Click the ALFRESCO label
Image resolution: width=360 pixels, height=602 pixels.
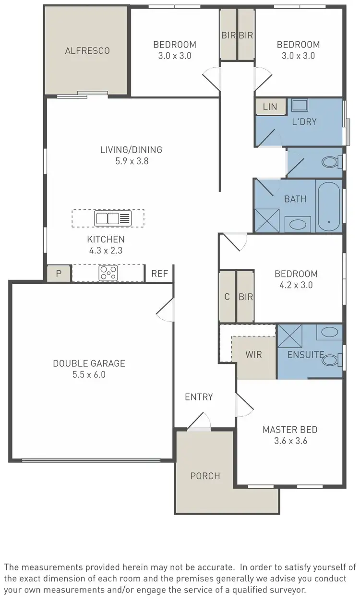click(x=87, y=50)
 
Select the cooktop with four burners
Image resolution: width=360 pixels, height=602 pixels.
click(x=108, y=273)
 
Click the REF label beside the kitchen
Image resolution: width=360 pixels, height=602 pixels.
click(x=159, y=274)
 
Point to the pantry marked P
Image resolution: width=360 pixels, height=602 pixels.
click(x=59, y=274)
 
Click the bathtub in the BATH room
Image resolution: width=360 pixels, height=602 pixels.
click(x=329, y=206)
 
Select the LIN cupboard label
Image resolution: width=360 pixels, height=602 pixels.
click(x=270, y=107)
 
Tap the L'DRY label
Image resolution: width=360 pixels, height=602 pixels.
click(x=304, y=121)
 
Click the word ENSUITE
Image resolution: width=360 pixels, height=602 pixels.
click(x=305, y=355)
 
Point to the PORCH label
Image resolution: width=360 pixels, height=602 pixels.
click(x=205, y=476)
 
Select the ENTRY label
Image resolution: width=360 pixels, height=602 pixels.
click(x=199, y=397)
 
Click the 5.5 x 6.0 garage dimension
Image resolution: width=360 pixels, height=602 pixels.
click(x=89, y=374)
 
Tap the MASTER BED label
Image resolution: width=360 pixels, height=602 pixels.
click(x=290, y=430)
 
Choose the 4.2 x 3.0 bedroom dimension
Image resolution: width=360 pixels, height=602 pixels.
click(x=296, y=285)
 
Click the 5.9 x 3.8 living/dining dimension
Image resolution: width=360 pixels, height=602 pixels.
click(x=131, y=161)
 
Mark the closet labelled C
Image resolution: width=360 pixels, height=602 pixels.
click(x=227, y=297)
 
